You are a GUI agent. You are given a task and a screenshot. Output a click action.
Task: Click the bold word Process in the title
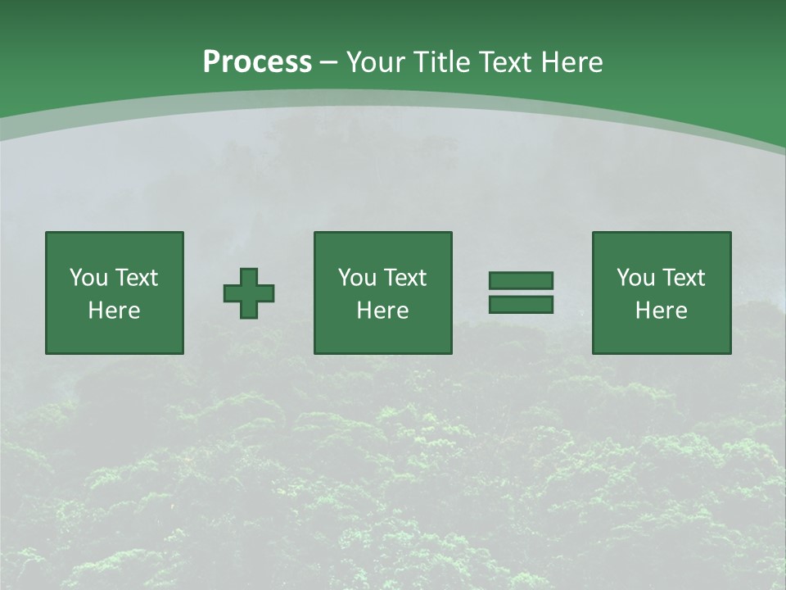257,62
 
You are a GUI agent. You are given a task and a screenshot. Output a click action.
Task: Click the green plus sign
249,293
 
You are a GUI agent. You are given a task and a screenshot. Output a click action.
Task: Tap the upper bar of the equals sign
521,281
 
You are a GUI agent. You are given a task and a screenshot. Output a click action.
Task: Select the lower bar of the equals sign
521,305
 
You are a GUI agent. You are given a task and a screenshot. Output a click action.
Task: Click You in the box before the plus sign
88,278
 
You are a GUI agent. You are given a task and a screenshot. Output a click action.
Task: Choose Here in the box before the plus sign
114,311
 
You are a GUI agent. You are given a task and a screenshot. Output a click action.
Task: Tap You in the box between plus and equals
357,278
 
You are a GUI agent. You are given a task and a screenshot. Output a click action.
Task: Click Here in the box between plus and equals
382,311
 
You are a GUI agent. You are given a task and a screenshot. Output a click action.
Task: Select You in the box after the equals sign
635,278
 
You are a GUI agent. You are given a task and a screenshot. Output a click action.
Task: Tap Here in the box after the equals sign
661,311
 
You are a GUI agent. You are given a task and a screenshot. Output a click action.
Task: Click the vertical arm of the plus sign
249,275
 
